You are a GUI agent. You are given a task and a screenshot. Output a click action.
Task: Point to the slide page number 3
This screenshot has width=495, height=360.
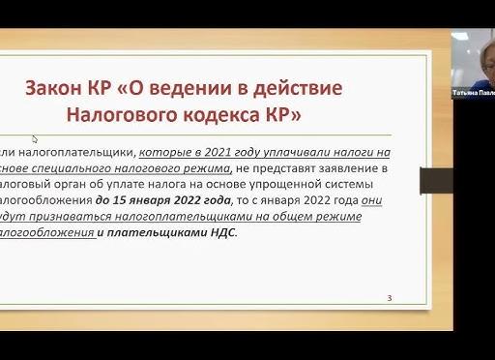tap(389, 298)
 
